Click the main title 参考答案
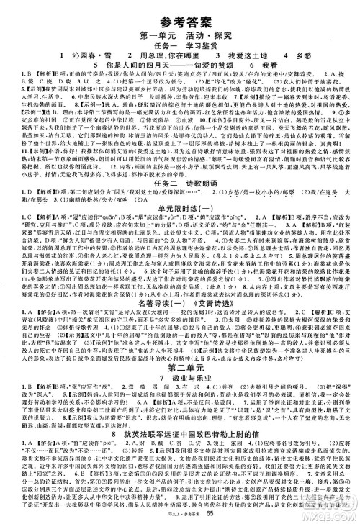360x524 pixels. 179,11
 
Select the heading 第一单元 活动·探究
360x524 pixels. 179,30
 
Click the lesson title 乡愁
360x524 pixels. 307,54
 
